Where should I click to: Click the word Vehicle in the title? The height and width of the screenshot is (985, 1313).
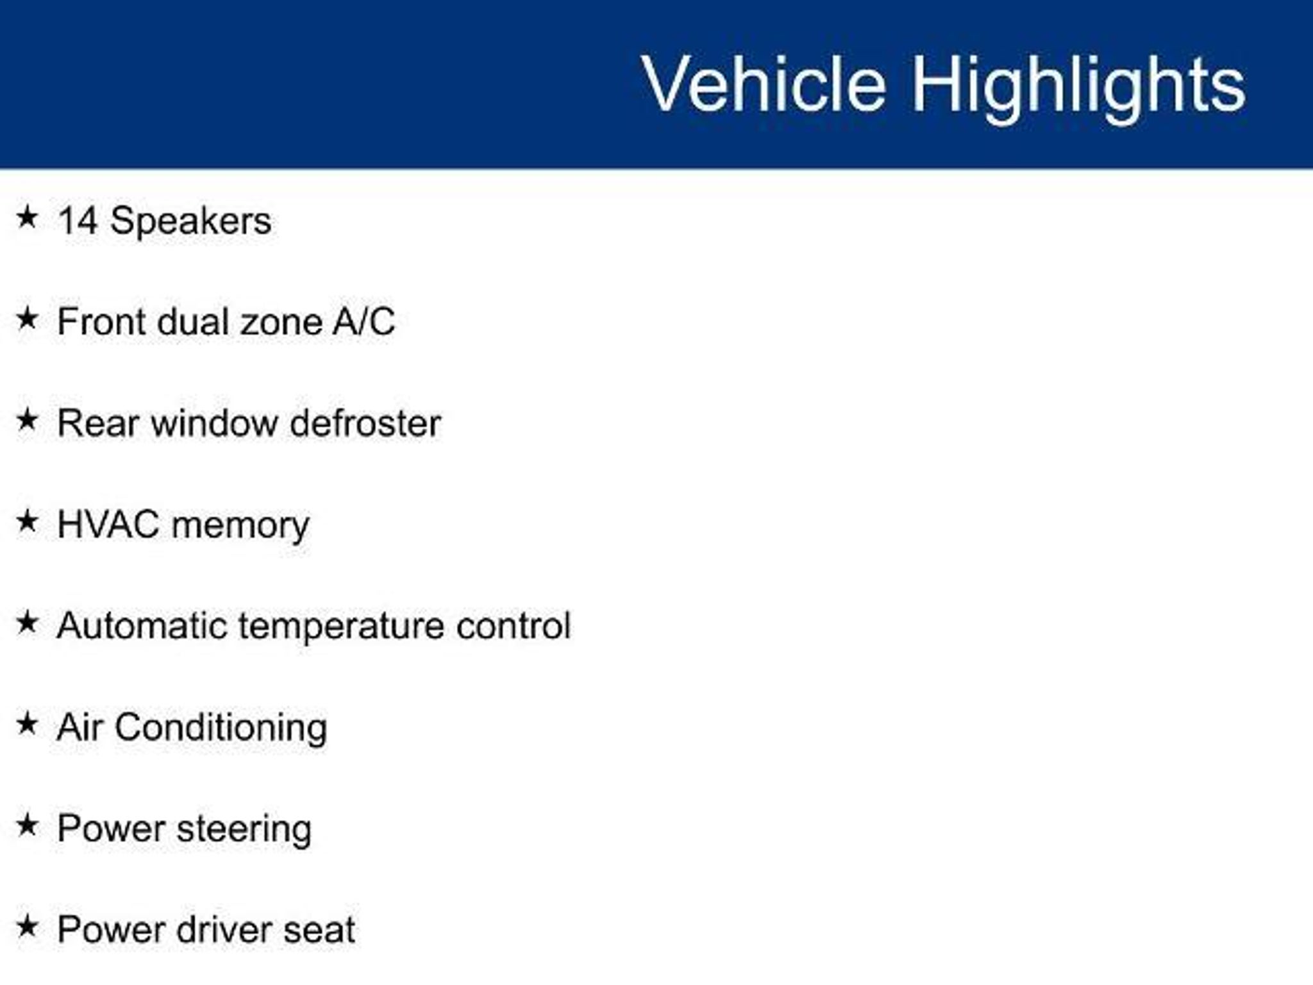[764, 84]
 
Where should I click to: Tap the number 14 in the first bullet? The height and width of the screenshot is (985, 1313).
[78, 221]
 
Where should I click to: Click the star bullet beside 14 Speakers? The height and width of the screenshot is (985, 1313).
[27, 217]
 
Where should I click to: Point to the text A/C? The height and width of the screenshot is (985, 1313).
[364, 321]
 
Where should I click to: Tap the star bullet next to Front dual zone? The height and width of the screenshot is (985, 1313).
[27, 319]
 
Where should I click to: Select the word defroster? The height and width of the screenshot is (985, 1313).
[365, 423]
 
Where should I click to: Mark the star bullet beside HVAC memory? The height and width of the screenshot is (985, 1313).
[27, 521]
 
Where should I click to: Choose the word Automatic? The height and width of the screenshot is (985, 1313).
[142, 626]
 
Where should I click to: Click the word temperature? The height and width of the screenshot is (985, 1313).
[341, 628]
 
